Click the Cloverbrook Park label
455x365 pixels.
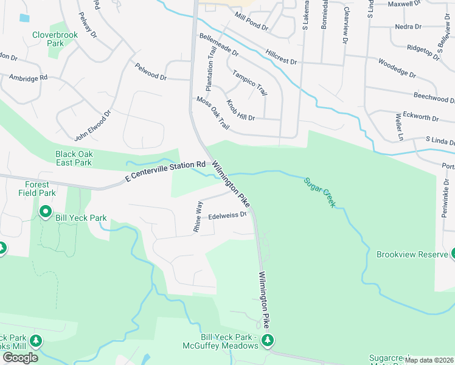pyautogui.click(x=55, y=39)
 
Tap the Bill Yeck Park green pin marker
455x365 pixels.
pyautogui.click(x=46, y=212)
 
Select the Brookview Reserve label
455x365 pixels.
pyautogui.click(x=412, y=254)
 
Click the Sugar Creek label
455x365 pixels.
pyautogui.click(x=319, y=192)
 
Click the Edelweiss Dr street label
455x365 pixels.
pyautogui.click(x=227, y=215)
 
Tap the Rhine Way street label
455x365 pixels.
pyautogui.click(x=198, y=215)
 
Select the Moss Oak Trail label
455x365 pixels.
pyautogui.click(x=212, y=113)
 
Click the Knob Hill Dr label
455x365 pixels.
pyautogui.click(x=240, y=110)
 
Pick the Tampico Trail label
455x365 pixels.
pyautogui.click(x=249, y=82)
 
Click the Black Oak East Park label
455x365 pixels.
pyautogui.click(x=74, y=158)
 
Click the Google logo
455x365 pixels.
pyautogui.click(x=20, y=358)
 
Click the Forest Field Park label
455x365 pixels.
pyautogui.click(x=40, y=189)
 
